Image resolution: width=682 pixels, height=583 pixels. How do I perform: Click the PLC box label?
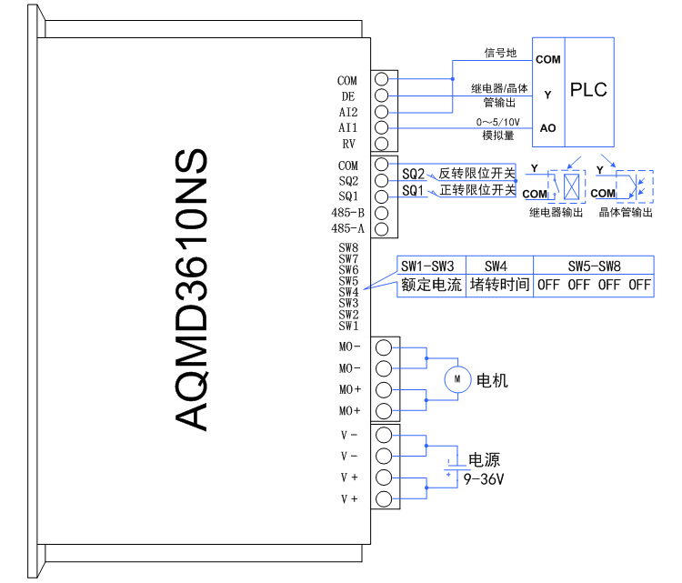coord(588,90)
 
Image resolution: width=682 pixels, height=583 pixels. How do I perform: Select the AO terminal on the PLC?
coord(547,128)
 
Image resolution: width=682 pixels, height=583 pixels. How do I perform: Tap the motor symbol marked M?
coord(457,378)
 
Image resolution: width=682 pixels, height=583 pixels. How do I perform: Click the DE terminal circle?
coord(382,95)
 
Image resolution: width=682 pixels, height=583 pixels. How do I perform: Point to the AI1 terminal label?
coord(348,128)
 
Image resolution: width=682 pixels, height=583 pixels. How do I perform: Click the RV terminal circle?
coord(382,144)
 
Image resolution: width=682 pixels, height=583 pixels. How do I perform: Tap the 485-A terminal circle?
coord(382,228)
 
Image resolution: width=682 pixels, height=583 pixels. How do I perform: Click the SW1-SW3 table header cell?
coord(432,266)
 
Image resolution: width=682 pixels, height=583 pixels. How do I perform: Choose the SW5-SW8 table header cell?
coord(594,266)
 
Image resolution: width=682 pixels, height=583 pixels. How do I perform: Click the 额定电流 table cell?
coord(432,284)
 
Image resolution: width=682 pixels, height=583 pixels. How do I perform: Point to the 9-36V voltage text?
coord(484,477)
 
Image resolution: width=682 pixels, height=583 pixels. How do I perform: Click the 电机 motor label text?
coord(493,379)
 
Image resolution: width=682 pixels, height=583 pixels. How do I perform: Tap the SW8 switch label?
coord(348,247)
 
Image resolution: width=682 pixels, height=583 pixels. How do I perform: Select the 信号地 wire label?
coord(499,53)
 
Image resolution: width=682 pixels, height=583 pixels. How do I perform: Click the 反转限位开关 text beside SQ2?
coord(476,173)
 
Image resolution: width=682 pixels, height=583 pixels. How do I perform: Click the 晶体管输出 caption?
coord(626,212)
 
